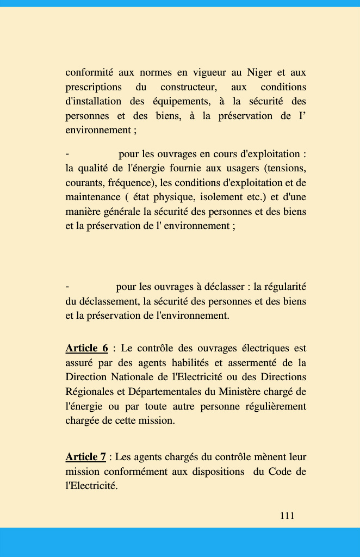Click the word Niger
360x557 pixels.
pyautogui.click(x=259, y=72)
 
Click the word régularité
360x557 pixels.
pyautogui.click(x=285, y=287)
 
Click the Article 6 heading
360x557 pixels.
pyautogui.click(x=87, y=348)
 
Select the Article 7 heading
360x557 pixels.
pyautogui.click(x=85, y=457)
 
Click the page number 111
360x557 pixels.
pyautogui.click(x=287, y=516)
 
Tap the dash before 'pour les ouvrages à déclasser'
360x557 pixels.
pyautogui.click(x=67, y=287)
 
